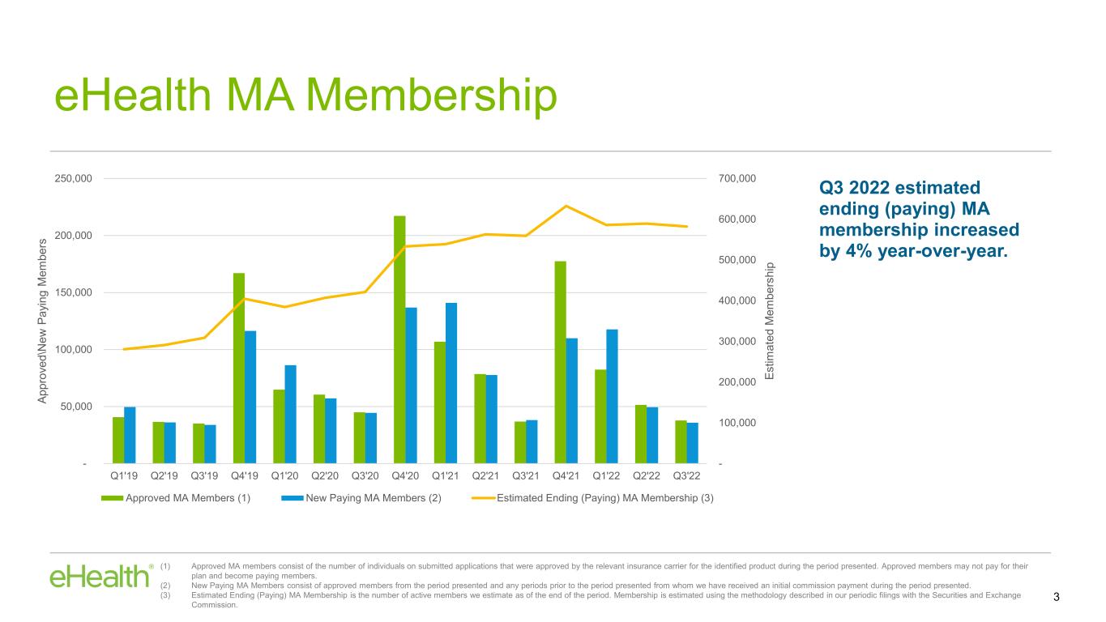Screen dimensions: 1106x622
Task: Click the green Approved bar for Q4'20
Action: [399, 339]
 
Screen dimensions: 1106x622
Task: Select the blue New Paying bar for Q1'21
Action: [451, 383]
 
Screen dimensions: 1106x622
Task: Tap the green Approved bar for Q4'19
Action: [239, 369]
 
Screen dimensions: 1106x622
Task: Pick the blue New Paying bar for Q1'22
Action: [613, 396]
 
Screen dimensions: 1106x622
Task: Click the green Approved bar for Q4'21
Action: [561, 362]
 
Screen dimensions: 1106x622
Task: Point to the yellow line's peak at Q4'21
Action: [566, 206]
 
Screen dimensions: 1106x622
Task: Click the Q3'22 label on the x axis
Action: [687, 476]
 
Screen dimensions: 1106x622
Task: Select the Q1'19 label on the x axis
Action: [124, 476]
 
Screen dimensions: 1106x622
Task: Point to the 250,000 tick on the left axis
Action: [73, 178]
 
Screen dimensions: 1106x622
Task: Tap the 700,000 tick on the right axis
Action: [737, 178]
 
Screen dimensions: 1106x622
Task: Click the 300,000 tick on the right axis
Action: [737, 341]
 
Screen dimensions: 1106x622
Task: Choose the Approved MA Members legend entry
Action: [176, 498]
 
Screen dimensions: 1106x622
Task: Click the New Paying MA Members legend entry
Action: [361, 498]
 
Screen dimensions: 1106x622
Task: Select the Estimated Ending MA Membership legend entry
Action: [592, 498]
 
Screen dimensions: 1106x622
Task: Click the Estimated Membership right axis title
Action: [769, 321]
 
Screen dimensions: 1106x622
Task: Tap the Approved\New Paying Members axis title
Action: [42, 321]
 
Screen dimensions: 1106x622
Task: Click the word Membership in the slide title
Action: [432, 96]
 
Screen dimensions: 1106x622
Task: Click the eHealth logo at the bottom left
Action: [101, 576]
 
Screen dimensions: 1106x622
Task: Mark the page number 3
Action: [1056, 597]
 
